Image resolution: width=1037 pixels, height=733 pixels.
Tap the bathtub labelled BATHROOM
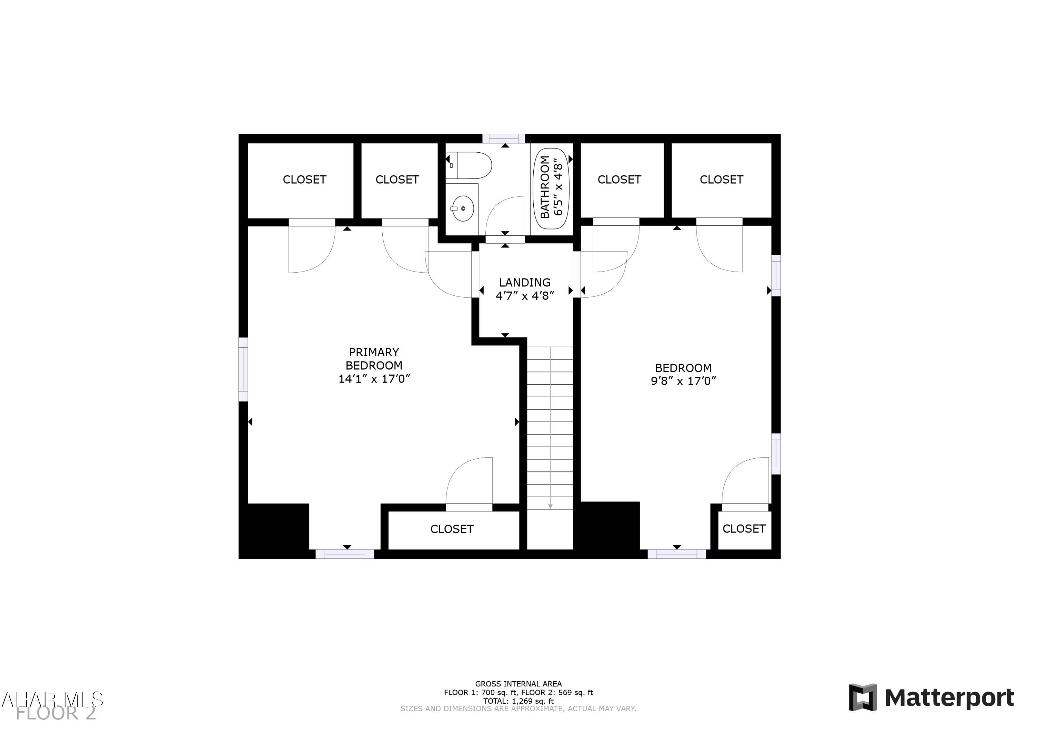tap(551, 188)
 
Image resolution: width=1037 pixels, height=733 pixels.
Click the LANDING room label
tap(524, 283)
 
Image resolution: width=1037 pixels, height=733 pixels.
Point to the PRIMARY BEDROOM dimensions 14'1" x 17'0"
tap(374, 379)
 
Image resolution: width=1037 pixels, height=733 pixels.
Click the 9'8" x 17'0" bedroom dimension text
tap(683, 381)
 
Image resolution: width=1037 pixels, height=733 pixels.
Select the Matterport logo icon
tap(863, 698)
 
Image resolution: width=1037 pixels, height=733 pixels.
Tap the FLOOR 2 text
tap(56, 714)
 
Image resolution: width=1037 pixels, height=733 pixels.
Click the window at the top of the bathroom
tap(503, 139)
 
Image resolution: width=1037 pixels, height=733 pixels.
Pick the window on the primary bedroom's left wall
tap(243, 369)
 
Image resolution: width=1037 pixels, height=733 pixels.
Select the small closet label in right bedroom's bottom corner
tap(744, 529)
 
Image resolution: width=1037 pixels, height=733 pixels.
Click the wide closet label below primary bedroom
tap(452, 529)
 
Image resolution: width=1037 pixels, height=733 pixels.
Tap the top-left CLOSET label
tap(305, 180)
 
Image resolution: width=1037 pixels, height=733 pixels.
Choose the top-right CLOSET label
tap(721, 180)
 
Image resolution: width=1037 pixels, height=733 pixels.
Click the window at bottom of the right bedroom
tap(676, 554)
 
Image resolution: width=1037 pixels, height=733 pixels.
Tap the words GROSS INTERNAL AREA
tap(518, 684)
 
